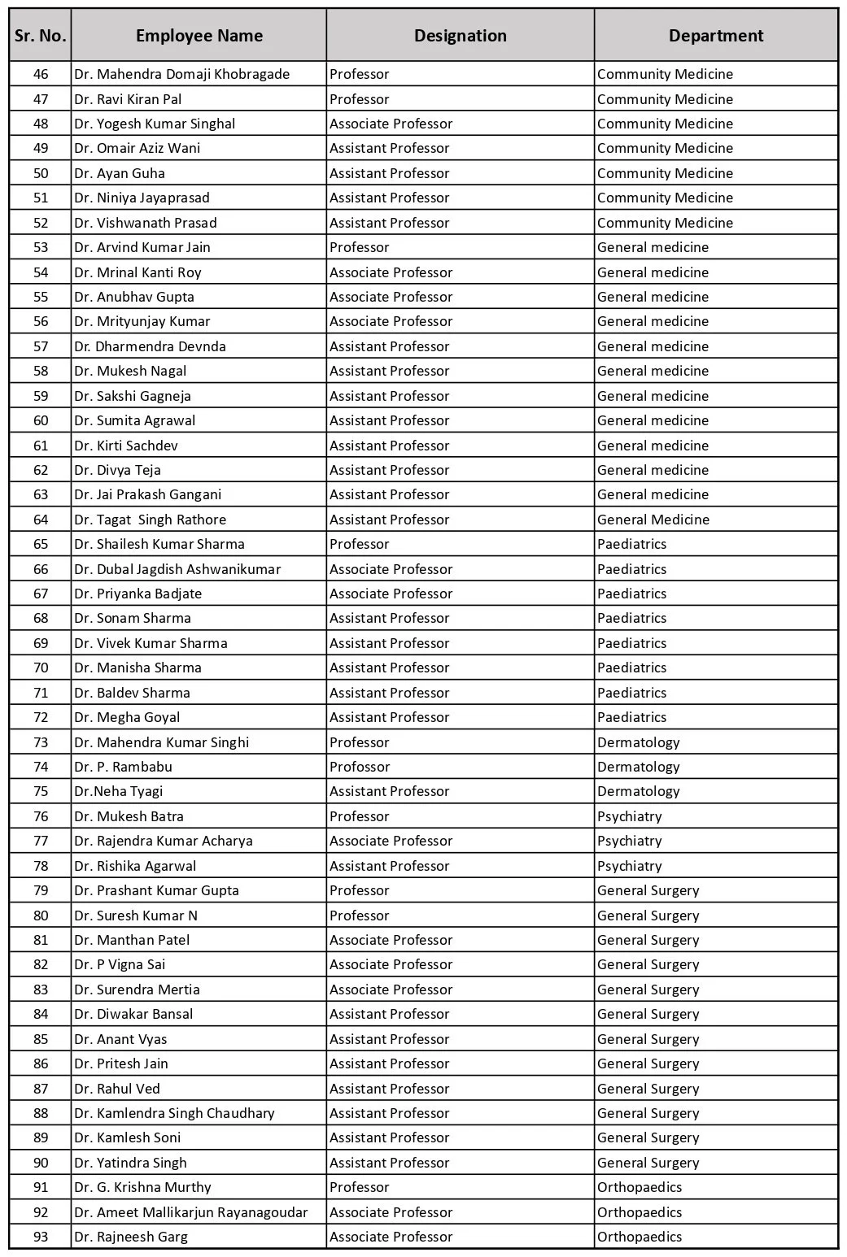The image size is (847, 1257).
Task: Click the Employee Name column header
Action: [199, 36]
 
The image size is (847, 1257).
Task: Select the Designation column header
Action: [460, 36]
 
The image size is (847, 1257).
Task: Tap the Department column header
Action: [715, 36]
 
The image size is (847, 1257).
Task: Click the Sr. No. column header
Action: [41, 36]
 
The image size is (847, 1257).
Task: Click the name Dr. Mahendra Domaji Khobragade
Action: [181, 74]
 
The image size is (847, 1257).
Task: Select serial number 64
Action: [41, 520]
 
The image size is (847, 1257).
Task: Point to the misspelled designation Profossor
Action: [360, 767]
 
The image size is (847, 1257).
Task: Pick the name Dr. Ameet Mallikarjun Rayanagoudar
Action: [190, 1212]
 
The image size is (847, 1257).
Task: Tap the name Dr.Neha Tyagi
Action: [118, 791]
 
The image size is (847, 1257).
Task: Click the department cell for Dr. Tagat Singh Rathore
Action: [653, 520]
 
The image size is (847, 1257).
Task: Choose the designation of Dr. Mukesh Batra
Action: [360, 816]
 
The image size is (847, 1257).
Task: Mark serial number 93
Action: [41, 1237]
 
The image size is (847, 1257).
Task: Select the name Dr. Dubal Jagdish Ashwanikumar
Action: [177, 569]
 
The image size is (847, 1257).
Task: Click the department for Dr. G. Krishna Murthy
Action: [640, 1187]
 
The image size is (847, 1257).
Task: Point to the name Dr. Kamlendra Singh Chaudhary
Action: [174, 1113]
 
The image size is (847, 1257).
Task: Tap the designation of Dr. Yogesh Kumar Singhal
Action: [391, 124]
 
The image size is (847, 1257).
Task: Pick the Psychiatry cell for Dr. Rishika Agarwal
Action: [629, 866]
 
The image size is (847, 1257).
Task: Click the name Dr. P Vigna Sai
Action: [120, 964]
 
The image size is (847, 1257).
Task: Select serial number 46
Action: [41, 74]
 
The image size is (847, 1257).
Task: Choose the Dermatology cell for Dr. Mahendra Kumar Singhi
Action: [638, 742]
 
